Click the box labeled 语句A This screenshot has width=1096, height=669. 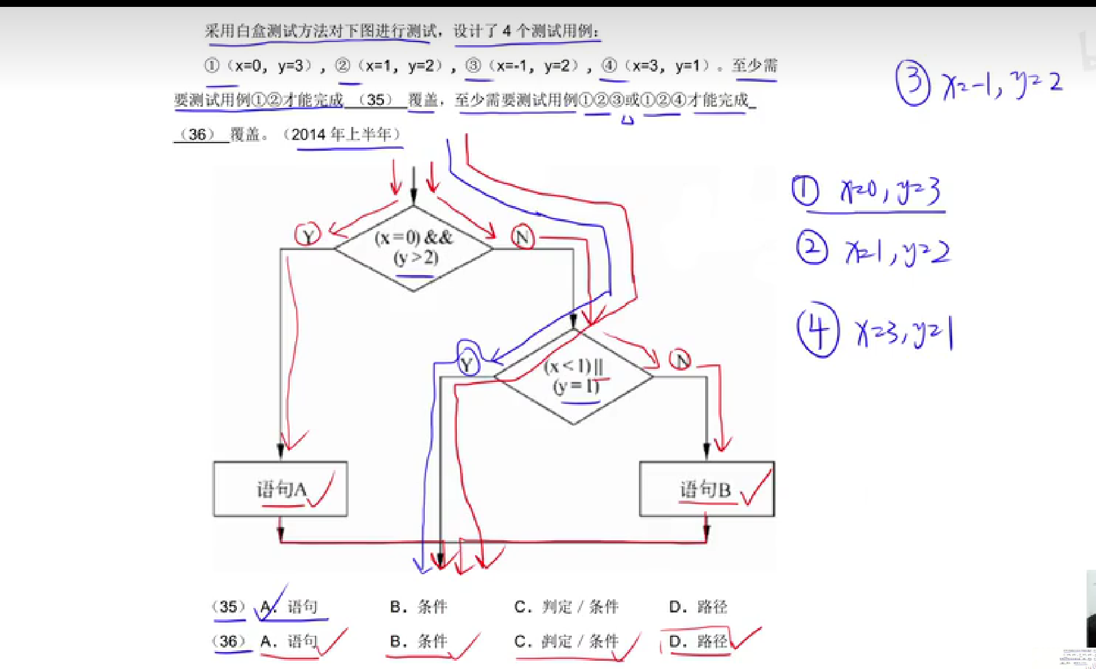coord(280,489)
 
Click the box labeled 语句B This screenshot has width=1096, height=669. coord(706,489)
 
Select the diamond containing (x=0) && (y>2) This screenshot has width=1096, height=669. coord(414,248)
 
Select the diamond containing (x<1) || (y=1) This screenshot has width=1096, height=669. coord(574,376)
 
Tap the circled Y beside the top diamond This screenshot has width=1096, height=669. coord(308,236)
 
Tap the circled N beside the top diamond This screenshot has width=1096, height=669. coord(522,237)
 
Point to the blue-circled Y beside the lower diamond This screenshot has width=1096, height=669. coord(468,362)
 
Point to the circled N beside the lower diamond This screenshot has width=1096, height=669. coord(680,360)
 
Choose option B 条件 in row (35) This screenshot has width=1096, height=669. coord(419,607)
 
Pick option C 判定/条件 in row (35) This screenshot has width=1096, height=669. coord(566,607)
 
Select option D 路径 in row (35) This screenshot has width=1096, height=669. coord(698,607)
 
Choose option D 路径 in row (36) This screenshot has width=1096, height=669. coord(698,641)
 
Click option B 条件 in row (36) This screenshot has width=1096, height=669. coord(419,641)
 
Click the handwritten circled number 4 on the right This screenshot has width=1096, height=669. coord(818,330)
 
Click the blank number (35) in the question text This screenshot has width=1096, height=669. coord(375,100)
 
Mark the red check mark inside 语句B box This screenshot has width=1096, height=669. coord(755,489)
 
